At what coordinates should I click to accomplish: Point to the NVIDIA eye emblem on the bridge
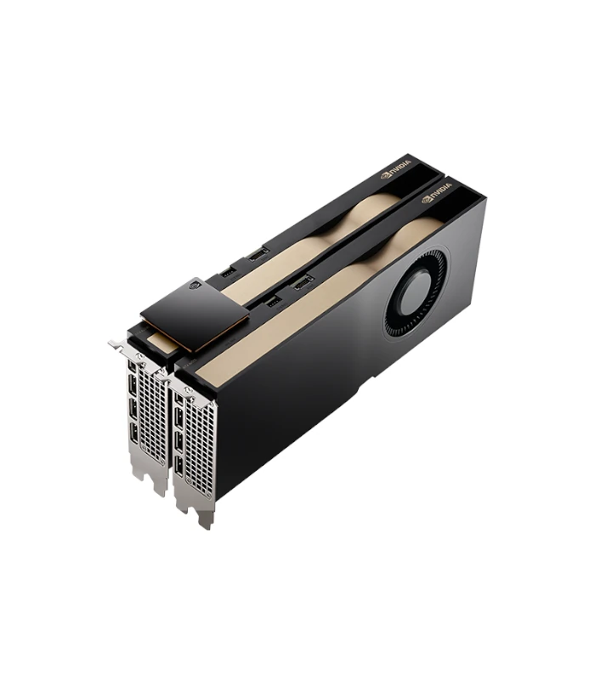pos(196,286)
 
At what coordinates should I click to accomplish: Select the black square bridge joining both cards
pos(195,314)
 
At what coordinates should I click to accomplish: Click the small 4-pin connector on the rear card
pos(228,273)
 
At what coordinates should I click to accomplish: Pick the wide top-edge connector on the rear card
pos(258,254)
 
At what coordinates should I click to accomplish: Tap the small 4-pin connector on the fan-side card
pos(273,302)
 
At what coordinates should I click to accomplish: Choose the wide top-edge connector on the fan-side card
pos(303,283)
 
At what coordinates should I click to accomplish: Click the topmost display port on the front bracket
pos(178,399)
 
